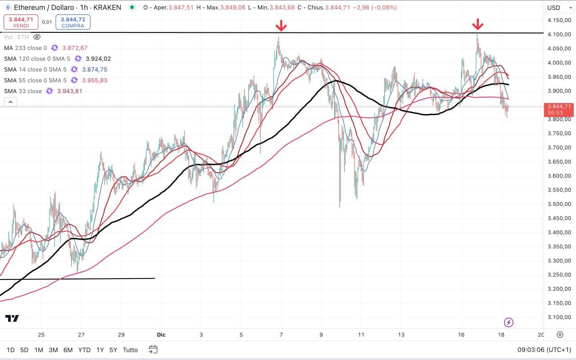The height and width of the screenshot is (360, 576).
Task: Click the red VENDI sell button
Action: pos(21,22)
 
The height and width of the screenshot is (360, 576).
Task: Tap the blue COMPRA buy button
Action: pos(73,22)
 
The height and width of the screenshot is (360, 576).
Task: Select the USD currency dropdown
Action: pos(556,8)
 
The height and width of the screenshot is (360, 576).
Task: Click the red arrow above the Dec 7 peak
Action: pos(281,25)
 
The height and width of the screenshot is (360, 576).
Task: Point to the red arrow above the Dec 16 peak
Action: pos(478,24)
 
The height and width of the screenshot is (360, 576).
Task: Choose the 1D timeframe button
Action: pos(11,350)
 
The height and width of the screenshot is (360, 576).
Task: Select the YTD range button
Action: pos(84,350)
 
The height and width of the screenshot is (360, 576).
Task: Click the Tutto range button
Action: pos(130,350)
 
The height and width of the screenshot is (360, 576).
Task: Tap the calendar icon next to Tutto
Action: pos(153,349)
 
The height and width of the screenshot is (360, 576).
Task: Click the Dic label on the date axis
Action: pos(162,335)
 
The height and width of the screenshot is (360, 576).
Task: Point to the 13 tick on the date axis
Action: pos(401,335)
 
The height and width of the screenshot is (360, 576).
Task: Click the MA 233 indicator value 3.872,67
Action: pos(75,48)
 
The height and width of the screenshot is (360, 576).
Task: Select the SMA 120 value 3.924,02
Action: pos(98,59)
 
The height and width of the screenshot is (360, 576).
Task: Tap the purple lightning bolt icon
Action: pos(508,322)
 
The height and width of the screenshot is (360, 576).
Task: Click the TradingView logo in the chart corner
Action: pos(12,319)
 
